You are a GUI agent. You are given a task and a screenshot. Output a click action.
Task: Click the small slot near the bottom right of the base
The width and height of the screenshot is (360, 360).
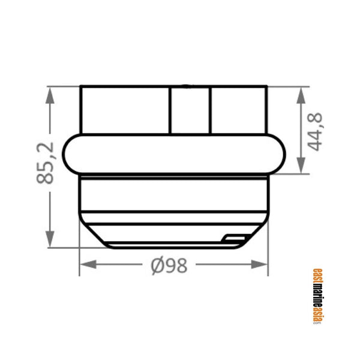tap(235, 238)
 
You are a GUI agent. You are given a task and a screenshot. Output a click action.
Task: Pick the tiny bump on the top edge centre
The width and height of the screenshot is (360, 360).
tap(187, 86)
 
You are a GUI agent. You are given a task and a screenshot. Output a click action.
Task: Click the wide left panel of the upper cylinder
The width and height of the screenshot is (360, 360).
tap(125, 111)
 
